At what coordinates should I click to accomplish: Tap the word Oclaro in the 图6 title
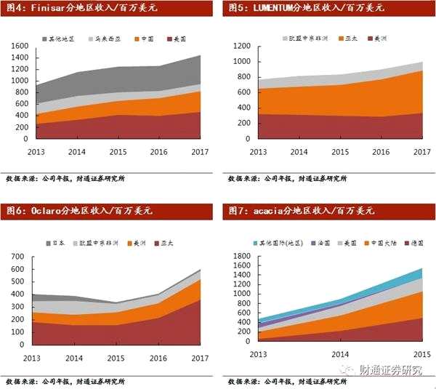coord(42,211)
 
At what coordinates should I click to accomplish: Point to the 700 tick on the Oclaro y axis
coord(20,257)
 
